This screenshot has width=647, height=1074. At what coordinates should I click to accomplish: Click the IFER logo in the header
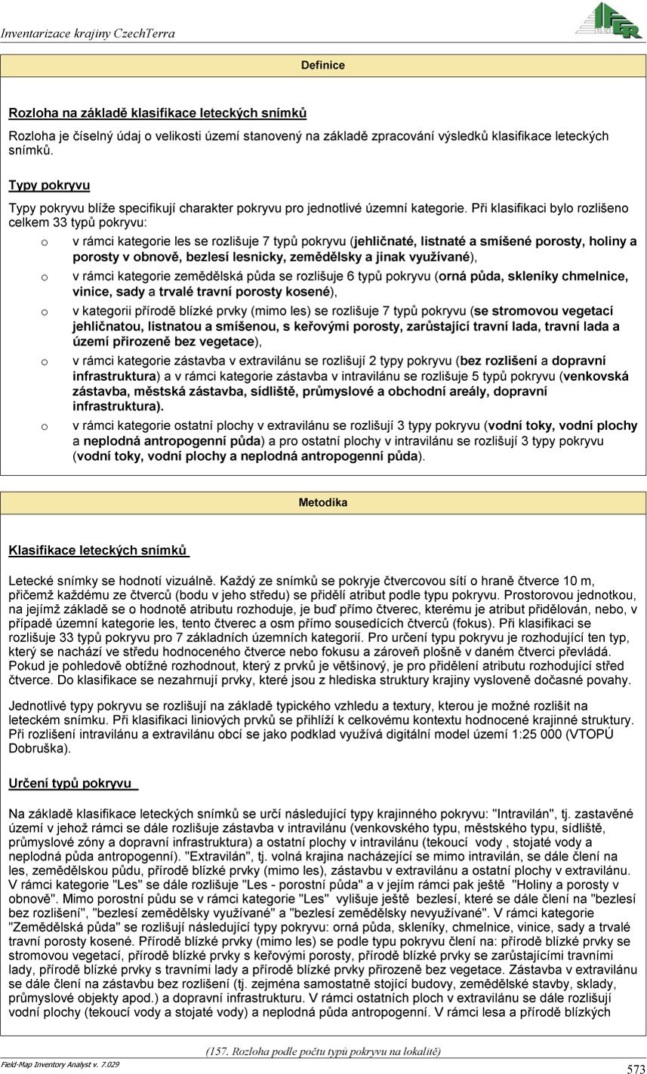point(608,20)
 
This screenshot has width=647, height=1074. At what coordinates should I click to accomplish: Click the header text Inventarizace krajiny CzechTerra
point(88,34)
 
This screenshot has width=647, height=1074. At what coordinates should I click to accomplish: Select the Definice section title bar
point(323,66)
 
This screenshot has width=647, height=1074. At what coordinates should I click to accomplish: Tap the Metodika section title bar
point(323,502)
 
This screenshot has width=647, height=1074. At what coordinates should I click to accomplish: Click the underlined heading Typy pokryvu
point(49,185)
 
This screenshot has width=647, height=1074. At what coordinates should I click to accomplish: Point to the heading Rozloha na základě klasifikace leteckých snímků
point(157,114)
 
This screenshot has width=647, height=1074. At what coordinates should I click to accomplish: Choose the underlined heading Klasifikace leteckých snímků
point(97,551)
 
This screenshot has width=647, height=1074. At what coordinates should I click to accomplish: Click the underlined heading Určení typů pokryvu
point(72,784)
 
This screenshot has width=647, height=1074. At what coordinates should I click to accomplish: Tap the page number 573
point(635,1068)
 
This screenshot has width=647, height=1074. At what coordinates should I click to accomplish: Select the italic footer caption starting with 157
point(323,1051)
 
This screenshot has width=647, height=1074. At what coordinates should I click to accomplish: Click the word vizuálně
point(183,580)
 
